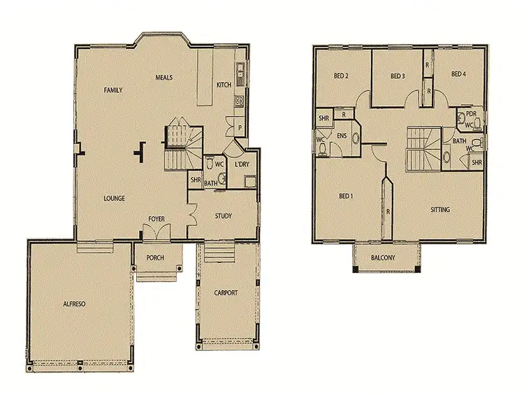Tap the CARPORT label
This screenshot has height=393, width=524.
pyautogui.click(x=226, y=293)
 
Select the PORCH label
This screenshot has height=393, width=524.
pyautogui.click(x=155, y=258)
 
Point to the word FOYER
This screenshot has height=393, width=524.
pyautogui.click(x=157, y=219)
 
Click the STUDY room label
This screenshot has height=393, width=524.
pyautogui.click(x=224, y=216)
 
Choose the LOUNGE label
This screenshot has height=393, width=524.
pyautogui.click(x=114, y=198)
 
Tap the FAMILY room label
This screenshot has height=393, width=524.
pyautogui.click(x=114, y=91)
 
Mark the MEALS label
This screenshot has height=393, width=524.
pyautogui.click(x=164, y=77)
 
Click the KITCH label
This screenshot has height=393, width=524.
pyautogui.click(x=224, y=85)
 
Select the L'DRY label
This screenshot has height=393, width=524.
pyautogui.click(x=242, y=165)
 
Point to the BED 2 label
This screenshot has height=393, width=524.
pyautogui.click(x=341, y=76)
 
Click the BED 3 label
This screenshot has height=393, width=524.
pyautogui.click(x=398, y=76)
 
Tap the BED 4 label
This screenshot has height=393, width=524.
pyautogui.click(x=458, y=75)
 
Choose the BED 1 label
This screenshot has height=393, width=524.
pyautogui.click(x=345, y=196)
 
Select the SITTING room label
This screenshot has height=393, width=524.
pyautogui.click(x=440, y=209)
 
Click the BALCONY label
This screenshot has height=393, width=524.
pyautogui.click(x=383, y=258)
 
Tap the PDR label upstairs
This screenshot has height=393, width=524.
pyautogui.click(x=471, y=114)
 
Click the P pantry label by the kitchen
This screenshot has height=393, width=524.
pyautogui.click(x=239, y=128)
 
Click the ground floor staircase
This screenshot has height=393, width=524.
pyautogui.click(x=182, y=147)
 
